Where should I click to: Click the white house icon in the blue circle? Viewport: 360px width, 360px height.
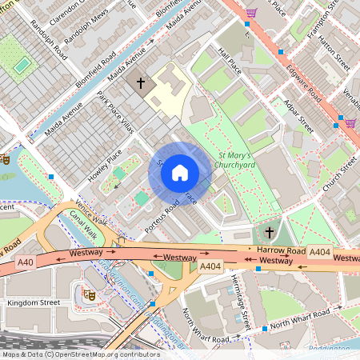coord(180,172)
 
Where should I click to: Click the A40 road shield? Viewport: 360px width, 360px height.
coord(26,261)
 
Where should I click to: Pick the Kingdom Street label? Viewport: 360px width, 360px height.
coord(33,303)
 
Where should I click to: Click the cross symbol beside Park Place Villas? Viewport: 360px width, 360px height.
coord(142,82)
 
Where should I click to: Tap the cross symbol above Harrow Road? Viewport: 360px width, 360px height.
coord(270,233)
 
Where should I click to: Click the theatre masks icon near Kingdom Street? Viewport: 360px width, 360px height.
coord(90,294)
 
